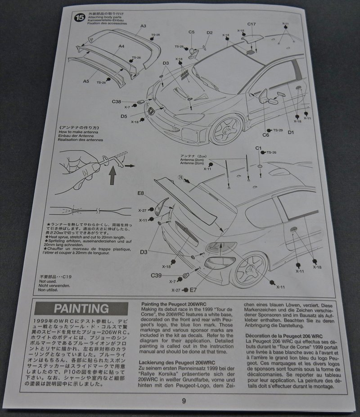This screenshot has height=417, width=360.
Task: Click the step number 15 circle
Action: pos(79,18)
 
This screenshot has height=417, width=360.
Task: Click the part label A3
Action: pos(143,26)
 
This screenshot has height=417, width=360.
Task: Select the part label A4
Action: pos(121,46)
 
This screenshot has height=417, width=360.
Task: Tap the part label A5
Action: pos(86,81)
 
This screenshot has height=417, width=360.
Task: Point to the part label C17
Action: pos(252,24)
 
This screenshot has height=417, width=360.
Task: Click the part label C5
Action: pos(192,32)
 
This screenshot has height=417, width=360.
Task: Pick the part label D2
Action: pos(210,32)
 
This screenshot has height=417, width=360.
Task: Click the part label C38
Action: pos(117,102)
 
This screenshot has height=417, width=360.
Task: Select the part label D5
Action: pos(124,116)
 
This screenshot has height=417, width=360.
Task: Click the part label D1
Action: pos(291,132)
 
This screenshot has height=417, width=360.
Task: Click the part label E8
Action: pos(141,194)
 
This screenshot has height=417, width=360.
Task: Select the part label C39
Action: pos(156,275)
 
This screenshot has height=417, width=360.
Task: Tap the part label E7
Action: pos(194,290)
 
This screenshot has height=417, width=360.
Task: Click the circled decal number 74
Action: pos(181,177)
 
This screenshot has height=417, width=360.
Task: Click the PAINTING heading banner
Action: pos(81,308)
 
